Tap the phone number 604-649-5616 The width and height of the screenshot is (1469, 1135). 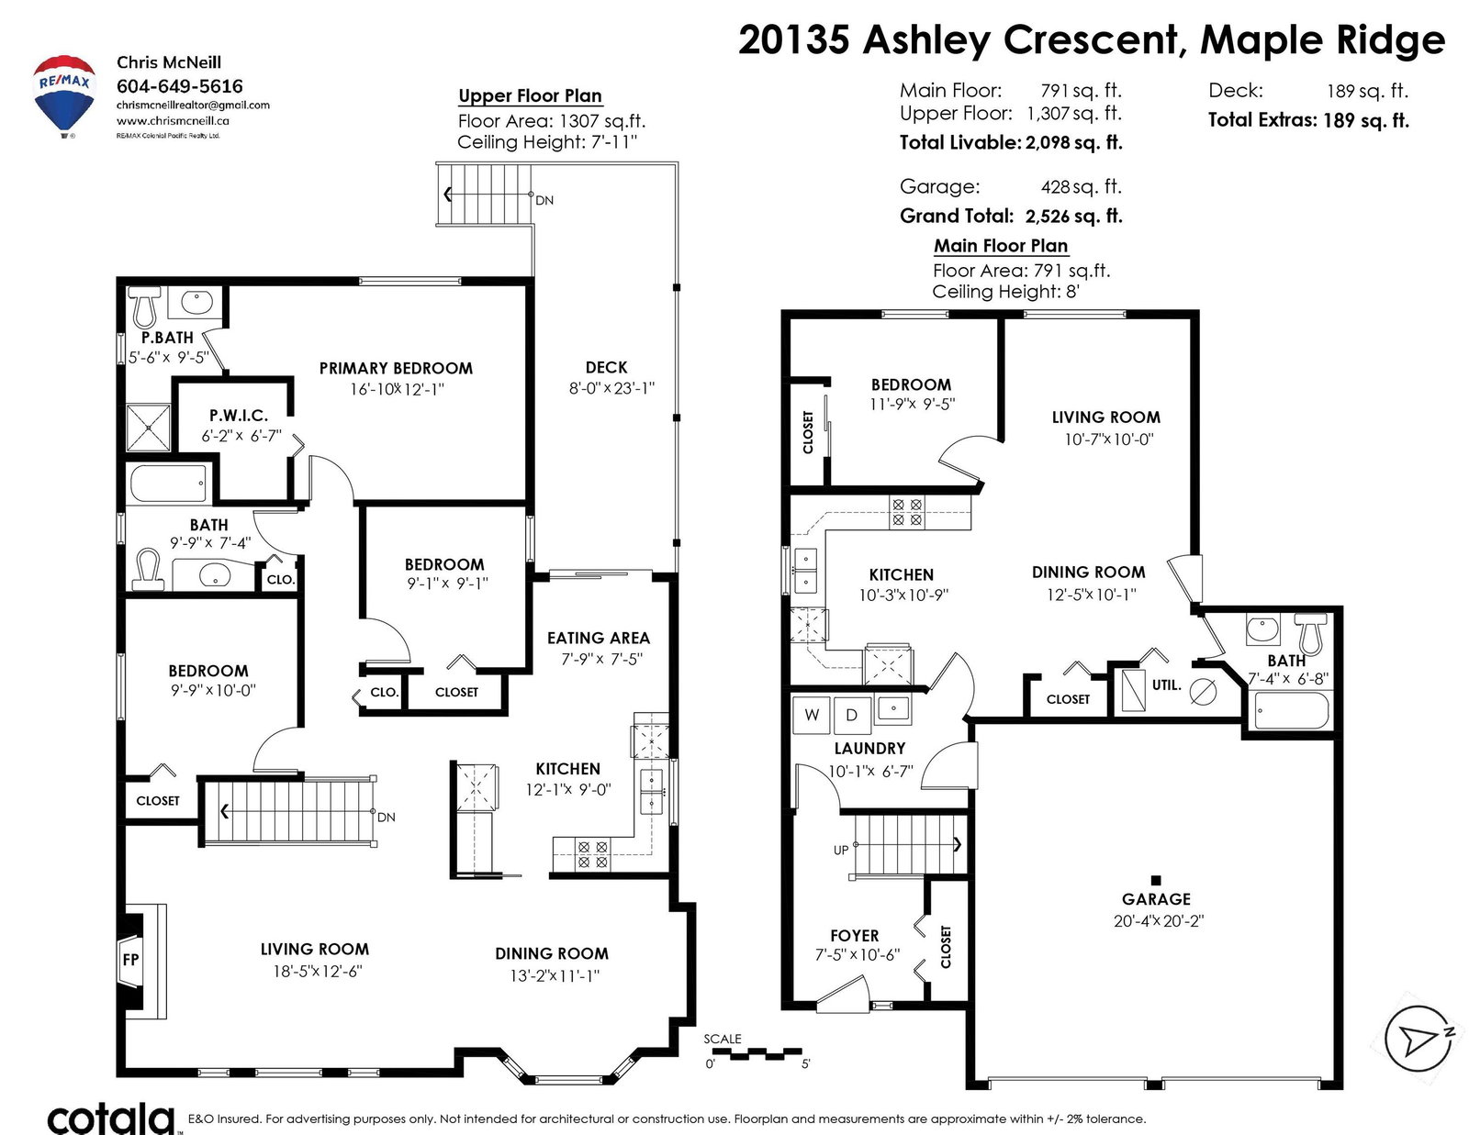click(x=180, y=86)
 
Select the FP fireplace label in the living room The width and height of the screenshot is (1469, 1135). click(x=131, y=960)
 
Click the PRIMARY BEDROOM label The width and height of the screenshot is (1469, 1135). click(x=396, y=368)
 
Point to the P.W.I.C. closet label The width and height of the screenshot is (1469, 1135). click(x=239, y=416)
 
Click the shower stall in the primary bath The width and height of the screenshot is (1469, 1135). click(x=148, y=427)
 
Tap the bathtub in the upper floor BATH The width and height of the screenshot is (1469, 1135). click(x=167, y=484)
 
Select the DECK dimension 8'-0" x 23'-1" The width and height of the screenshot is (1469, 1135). click(x=611, y=388)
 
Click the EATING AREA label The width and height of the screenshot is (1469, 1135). click(x=599, y=638)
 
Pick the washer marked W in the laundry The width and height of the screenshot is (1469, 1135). click(x=812, y=715)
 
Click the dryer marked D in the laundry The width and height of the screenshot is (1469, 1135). click(x=852, y=715)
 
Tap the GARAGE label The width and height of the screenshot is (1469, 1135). click(x=1156, y=899)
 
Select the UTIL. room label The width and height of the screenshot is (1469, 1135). click(x=1167, y=685)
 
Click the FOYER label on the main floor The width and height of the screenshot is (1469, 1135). click(x=855, y=936)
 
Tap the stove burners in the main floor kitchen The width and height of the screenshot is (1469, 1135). click(x=906, y=512)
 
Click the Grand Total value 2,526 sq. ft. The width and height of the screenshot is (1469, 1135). click(x=1073, y=217)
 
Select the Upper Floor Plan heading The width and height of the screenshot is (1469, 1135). click(x=530, y=96)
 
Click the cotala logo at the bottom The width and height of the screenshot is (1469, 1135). click(x=111, y=1118)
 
